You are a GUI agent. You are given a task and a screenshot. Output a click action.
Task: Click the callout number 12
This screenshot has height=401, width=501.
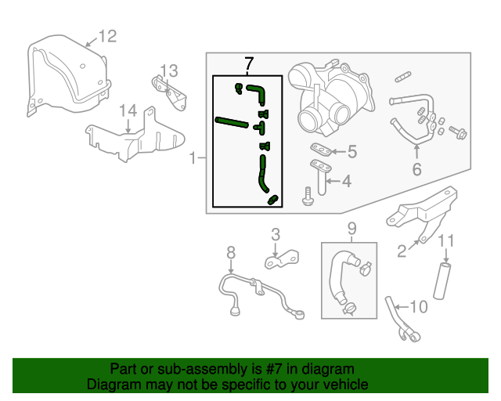[x=106, y=35]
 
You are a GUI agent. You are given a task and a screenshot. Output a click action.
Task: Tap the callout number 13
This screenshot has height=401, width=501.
[x=170, y=70]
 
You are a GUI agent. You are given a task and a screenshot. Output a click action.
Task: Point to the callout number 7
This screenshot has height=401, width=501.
[x=249, y=62]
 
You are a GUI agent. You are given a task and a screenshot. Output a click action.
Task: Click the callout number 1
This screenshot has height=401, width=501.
[x=193, y=159]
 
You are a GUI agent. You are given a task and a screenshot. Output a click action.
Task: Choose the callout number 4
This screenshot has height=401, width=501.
[x=345, y=181]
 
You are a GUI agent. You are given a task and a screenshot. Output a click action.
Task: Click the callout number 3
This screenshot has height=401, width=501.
[x=276, y=233]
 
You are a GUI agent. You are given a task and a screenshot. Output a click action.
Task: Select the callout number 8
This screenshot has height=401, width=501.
[x=231, y=252]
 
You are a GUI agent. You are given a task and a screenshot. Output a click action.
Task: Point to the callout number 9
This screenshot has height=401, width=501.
[x=351, y=228]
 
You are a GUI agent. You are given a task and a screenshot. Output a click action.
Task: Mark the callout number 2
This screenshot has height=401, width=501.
[x=402, y=251]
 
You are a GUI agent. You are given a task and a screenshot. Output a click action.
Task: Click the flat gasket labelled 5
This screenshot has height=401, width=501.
[x=317, y=149]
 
